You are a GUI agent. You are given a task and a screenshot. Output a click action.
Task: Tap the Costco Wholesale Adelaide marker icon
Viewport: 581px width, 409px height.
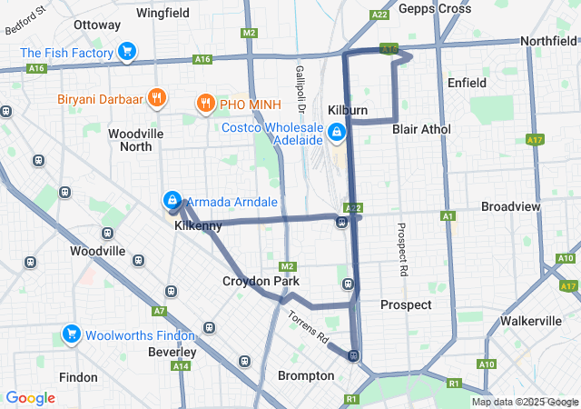[337, 134]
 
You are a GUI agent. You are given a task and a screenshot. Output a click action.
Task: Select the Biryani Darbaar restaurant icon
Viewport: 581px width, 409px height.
[157, 98]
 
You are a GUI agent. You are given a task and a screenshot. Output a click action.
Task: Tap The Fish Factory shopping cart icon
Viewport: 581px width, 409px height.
[126, 52]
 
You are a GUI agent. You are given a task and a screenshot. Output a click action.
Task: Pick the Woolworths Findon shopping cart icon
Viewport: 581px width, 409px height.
[71, 334]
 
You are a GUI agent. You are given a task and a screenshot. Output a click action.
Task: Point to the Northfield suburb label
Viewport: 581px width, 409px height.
[547, 41]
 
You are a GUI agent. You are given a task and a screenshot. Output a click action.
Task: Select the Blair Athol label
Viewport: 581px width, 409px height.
[421, 129]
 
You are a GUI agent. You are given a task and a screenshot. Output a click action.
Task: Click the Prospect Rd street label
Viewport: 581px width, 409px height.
[402, 249]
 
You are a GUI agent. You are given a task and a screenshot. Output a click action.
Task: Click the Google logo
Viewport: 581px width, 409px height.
[30, 398]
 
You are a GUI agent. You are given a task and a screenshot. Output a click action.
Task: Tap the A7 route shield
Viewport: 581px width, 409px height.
[160, 311]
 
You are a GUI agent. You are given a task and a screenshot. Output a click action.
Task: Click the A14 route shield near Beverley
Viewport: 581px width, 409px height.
[181, 365]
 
